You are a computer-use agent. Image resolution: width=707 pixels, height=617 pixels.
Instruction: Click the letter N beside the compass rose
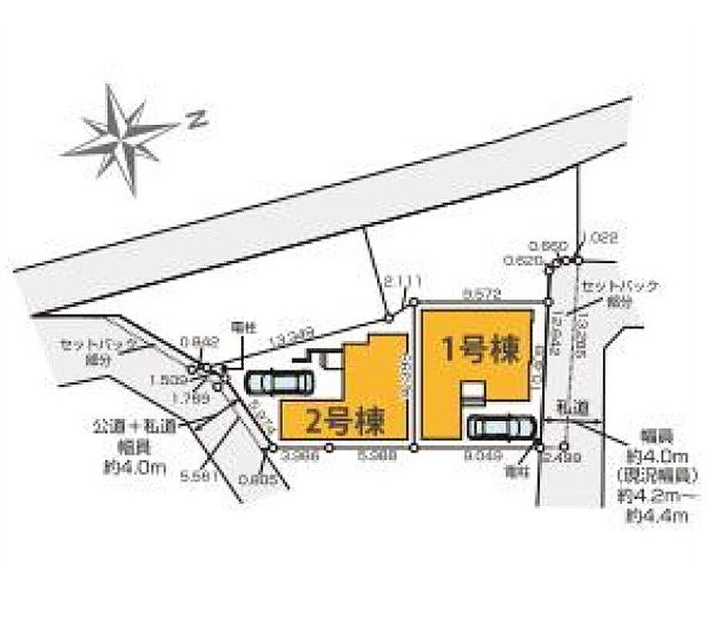(x=198, y=119)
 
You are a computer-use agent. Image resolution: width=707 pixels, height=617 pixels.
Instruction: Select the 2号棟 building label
(x=345, y=421)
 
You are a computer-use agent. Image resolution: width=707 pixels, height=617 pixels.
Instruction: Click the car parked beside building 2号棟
(x=281, y=382)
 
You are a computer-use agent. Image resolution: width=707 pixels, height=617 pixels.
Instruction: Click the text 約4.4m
(x=657, y=517)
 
